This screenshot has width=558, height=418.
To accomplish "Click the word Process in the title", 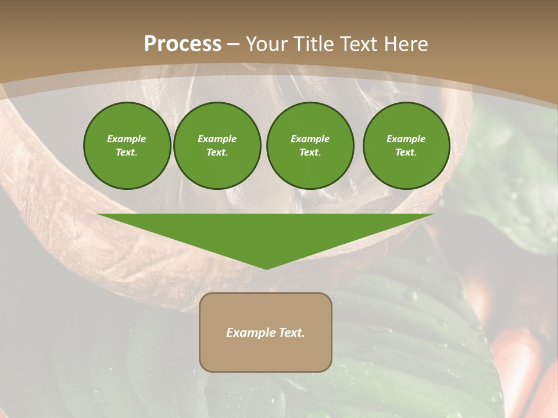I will (183, 44).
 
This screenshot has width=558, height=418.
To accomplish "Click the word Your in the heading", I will (266, 44).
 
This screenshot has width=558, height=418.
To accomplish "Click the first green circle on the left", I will (127, 146).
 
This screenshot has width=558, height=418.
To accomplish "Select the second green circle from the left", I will (217, 146).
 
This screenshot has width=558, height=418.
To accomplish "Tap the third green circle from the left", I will (310, 146).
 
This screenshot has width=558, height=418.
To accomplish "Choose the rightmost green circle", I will (406, 146).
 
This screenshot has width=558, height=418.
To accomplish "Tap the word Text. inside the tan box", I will (291, 333).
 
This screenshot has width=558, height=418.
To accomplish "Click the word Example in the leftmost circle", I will (127, 139).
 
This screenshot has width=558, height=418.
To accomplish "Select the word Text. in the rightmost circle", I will (406, 153).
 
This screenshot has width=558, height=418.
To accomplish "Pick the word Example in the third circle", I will (310, 139).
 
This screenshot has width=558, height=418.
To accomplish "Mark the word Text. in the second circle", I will (217, 153).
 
